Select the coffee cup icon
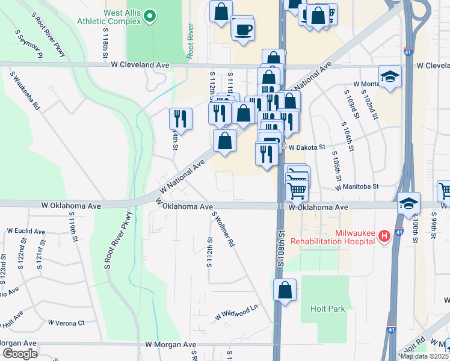[x=243, y=29]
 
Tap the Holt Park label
[x=328, y=309]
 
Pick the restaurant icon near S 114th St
[x=180, y=117]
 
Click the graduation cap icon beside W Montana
[x=390, y=76]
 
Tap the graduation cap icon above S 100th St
[x=408, y=203]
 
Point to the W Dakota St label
[x=306, y=146]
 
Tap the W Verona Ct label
[x=66, y=323]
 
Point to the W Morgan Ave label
[x=171, y=345]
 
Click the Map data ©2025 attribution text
[x=424, y=356]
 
